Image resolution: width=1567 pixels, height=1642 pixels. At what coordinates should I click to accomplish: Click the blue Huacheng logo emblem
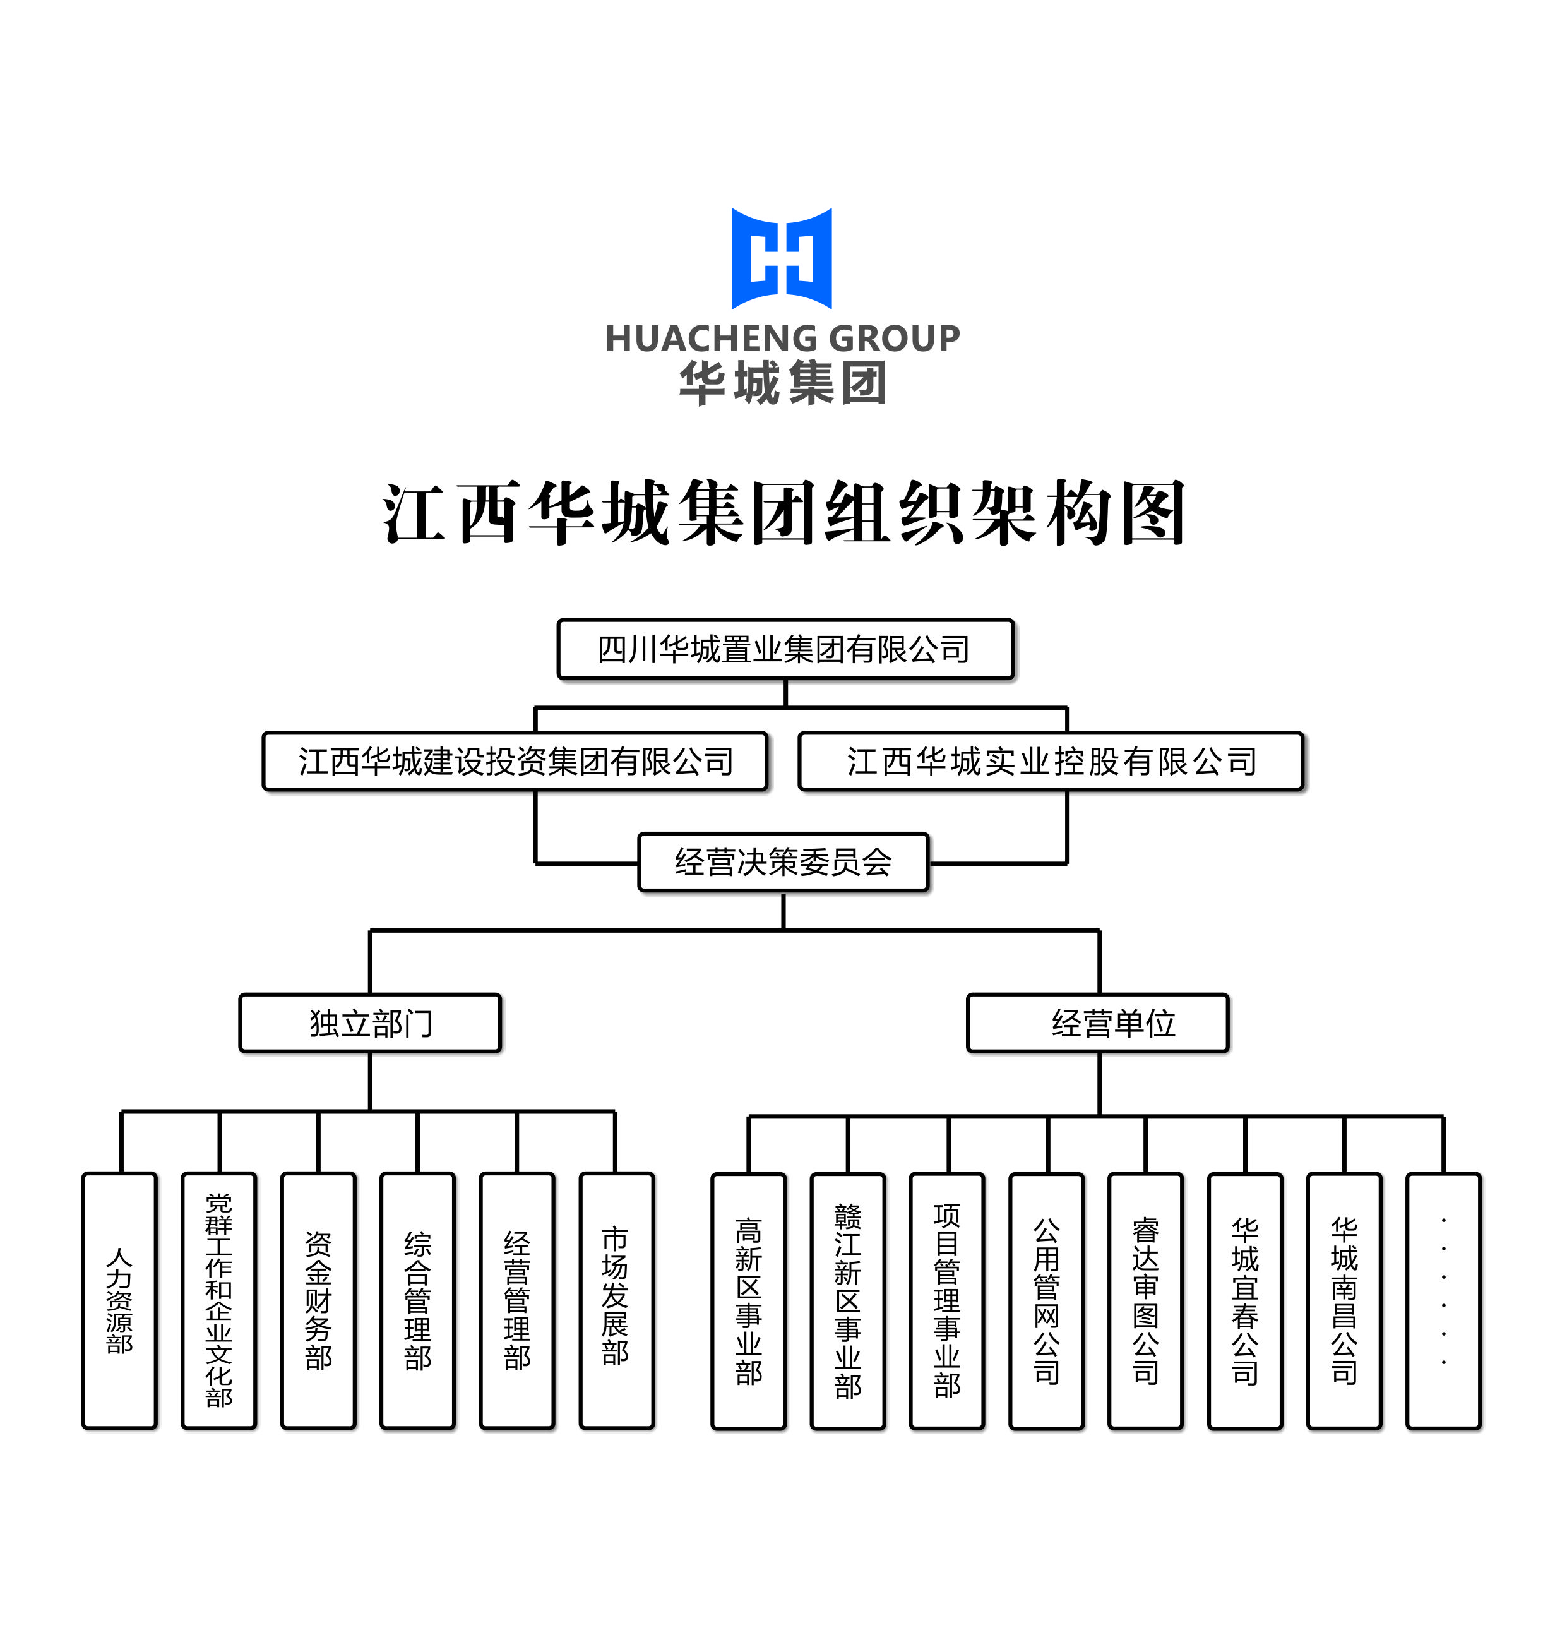(x=782, y=258)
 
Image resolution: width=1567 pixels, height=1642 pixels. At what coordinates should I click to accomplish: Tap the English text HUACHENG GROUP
(x=783, y=339)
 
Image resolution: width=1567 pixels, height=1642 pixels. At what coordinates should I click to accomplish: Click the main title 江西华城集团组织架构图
(x=783, y=512)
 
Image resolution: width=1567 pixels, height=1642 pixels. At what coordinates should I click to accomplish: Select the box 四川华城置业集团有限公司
(x=785, y=649)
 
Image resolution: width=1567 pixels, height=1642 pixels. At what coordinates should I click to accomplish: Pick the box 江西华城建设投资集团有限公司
(x=515, y=761)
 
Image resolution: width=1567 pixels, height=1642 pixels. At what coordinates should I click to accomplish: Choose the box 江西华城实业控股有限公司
(x=1051, y=761)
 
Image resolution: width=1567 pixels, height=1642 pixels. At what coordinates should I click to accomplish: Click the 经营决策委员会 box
(x=783, y=861)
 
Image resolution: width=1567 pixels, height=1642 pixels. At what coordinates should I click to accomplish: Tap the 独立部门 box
(x=370, y=1023)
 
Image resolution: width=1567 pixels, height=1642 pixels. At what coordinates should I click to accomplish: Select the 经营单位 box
(x=1097, y=1023)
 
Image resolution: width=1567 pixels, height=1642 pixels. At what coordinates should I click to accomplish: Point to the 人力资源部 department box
(x=119, y=1300)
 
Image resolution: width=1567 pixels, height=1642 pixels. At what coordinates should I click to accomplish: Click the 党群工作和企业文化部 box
(x=219, y=1300)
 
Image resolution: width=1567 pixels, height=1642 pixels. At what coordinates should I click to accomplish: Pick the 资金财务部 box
(x=318, y=1300)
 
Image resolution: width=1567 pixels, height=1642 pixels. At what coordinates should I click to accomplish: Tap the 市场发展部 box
(x=616, y=1300)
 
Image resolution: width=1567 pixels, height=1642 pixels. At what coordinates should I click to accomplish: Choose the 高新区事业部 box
(x=748, y=1301)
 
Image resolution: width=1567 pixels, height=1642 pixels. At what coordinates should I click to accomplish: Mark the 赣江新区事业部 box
(x=848, y=1301)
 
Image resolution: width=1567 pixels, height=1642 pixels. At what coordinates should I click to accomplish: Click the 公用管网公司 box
(x=1047, y=1301)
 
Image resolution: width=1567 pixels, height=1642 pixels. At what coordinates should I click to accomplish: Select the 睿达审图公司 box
(x=1145, y=1301)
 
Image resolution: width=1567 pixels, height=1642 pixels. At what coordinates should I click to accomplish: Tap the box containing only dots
(x=1443, y=1301)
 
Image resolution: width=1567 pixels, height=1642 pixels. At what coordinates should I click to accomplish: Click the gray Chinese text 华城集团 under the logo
(x=783, y=383)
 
